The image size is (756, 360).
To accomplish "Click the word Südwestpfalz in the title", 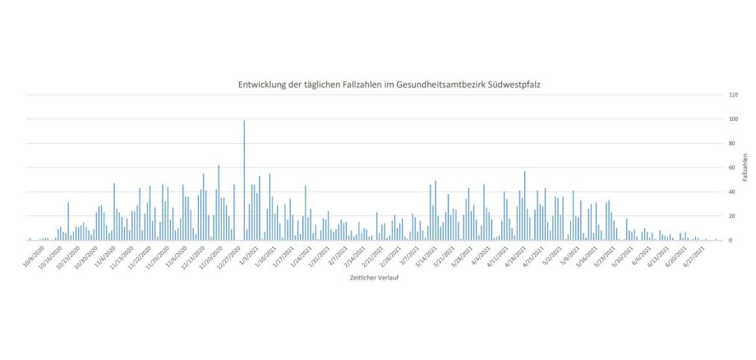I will (x=514, y=85).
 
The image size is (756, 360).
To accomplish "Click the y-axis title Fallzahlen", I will (x=744, y=168).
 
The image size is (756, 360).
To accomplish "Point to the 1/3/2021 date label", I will (x=249, y=252).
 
